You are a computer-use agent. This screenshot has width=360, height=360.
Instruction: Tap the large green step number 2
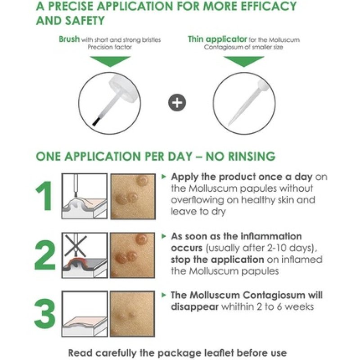coord(45,254)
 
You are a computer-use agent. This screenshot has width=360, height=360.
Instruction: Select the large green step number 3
coord(45,313)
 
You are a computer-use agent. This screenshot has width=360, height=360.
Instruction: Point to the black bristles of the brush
coord(95,121)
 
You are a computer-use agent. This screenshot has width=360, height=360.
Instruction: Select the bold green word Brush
coord(69,39)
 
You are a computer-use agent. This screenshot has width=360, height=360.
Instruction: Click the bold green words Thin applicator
coord(217,39)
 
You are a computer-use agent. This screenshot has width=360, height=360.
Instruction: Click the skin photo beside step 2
coord(134,254)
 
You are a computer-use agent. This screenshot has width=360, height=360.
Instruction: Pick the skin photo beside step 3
coord(134,313)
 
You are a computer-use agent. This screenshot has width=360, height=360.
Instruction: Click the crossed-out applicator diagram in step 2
coord(85,254)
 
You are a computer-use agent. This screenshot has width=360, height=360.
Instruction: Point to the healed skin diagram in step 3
coord(85,313)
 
